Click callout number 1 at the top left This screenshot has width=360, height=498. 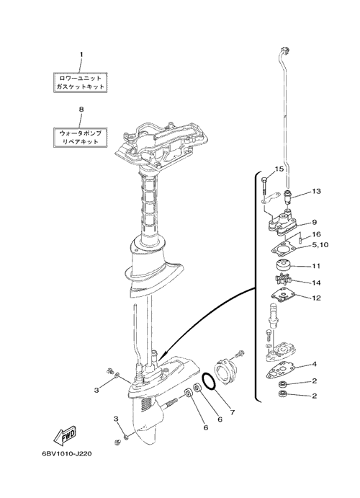[81, 54]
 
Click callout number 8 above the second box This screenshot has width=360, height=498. [81, 109]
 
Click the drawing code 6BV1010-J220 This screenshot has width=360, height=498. [67, 453]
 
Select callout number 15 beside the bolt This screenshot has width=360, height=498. [279, 169]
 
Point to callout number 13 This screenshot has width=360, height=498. [316, 191]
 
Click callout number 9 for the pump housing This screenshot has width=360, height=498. [314, 222]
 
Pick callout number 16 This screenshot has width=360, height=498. [316, 234]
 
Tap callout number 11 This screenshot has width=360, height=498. [316, 265]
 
